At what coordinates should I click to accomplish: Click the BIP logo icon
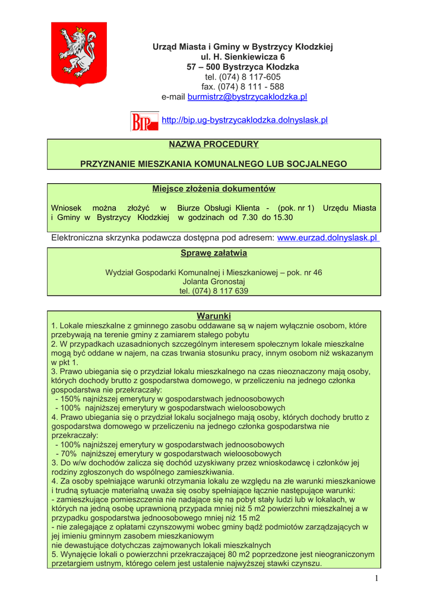[x=144, y=121]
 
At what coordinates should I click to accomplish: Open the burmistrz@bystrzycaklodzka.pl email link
[x=247, y=97]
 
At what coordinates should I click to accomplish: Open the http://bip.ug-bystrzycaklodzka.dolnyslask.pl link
[x=245, y=120]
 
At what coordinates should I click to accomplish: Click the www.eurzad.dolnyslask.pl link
[x=327, y=238]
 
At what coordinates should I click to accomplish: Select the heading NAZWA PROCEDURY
[x=214, y=145]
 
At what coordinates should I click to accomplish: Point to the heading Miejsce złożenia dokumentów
[x=214, y=189]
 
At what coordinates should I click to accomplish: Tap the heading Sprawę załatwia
[x=214, y=253]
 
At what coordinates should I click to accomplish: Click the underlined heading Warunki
[x=213, y=315]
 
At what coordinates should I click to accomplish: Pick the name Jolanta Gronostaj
[x=214, y=282]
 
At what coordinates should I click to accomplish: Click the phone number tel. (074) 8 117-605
[x=243, y=77]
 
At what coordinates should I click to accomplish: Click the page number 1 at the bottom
[x=377, y=579]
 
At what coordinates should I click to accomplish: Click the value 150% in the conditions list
[x=70, y=398]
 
